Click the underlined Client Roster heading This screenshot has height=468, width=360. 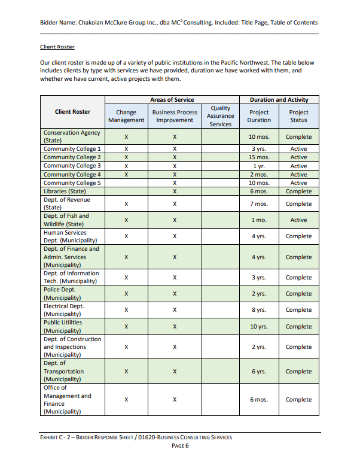point(57,47)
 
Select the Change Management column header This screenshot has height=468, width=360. point(126,116)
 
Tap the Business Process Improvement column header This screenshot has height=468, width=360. point(175,116)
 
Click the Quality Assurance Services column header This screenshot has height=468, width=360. point(220,116)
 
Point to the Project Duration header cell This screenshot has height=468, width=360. point(259,116)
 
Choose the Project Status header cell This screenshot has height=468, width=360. point(298,116)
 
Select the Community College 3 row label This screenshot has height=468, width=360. point(72,166)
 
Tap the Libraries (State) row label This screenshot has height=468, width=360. point(65,192)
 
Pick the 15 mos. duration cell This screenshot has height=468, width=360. point(259,157)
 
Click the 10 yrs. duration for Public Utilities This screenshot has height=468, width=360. point(259,327)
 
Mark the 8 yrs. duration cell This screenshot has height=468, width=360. point(259,310)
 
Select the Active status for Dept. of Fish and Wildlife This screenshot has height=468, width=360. point(298,220)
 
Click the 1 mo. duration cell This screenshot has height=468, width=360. point(259,220)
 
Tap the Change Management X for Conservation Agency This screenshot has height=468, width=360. point(126,137)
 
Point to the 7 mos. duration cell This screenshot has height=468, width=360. point(259,204)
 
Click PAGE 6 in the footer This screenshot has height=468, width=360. point(180,446)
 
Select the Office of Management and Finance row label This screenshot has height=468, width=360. point(68,400)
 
